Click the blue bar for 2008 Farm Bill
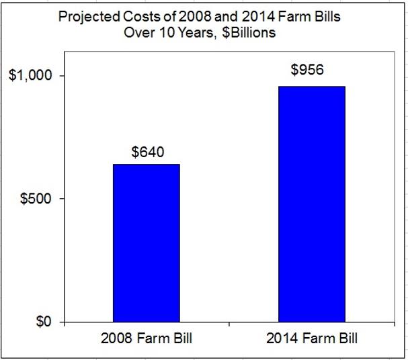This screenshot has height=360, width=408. tap(146, 242)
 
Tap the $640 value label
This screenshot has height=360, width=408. tap(146, 152)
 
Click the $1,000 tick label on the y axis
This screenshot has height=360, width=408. tap(32, 76)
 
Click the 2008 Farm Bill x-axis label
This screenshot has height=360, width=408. tap(147, 339)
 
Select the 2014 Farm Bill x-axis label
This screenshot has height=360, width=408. tap(312, 339)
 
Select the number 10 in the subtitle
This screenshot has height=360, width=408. tap(173, 32)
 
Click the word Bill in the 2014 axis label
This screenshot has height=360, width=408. tap(343, 339)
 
